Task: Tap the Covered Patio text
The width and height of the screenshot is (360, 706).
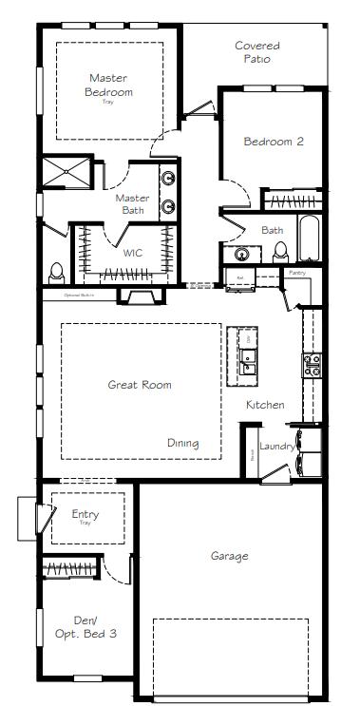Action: [x=257, y=51]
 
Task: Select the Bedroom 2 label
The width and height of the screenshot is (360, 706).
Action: [x=274, y=142]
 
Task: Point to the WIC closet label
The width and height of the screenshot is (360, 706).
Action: [x=133, y=254]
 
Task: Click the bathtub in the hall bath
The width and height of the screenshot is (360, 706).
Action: [x=310, y=239]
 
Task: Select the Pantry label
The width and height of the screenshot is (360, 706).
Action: [x=297, y=273]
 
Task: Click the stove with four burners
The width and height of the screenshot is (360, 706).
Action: [x=312, y=364]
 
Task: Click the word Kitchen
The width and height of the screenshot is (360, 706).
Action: [x=265, y=405]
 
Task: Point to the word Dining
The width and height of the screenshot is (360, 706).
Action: [x=183, y=443]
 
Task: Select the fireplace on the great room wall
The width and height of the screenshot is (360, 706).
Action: [x=139, y=296]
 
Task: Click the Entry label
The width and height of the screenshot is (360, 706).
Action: [x=85, y=516]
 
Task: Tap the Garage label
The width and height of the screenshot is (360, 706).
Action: [x=230, y=556]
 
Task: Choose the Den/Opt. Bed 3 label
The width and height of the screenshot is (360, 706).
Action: [x=86, y=625]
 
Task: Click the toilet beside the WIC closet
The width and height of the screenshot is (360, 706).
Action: [x=57, y=271]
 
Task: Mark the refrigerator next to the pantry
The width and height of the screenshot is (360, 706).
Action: [x=236, y=277]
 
